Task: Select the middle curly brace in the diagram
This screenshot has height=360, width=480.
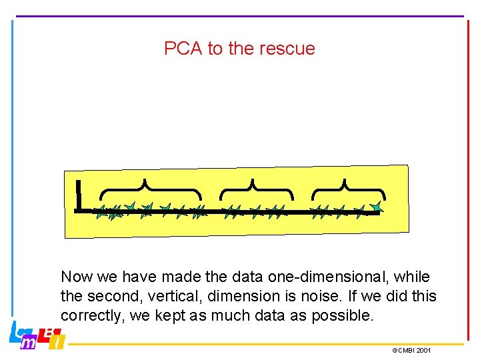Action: (255, 189)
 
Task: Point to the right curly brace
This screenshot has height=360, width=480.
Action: (347, 189)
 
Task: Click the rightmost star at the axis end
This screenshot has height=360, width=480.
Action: (377, 208)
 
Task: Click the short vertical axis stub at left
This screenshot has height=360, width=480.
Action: (79, 195)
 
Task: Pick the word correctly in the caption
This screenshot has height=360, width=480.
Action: (91, 315)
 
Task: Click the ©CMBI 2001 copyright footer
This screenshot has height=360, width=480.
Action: (411, 350)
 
